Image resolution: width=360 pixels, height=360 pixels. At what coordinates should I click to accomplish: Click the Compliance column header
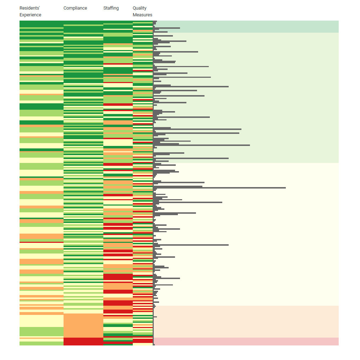75,8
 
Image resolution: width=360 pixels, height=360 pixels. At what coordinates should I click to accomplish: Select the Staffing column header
111,8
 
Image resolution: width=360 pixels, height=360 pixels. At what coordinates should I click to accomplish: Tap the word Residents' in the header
29,8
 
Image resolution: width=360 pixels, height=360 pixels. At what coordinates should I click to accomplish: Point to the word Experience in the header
30,15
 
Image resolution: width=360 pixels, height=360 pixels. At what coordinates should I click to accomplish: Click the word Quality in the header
140,8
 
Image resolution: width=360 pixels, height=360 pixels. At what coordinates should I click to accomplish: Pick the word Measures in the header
142,15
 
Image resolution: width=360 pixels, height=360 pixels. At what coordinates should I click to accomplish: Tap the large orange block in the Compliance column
83,325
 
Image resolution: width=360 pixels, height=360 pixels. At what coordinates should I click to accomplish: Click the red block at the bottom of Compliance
83,341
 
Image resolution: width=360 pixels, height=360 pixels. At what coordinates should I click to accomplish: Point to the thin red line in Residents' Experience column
41,242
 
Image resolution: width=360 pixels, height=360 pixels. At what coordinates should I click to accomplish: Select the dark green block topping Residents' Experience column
41,24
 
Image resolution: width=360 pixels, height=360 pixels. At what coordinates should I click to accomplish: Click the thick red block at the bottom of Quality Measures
142,340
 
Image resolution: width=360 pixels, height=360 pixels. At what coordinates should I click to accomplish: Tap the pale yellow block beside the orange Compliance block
41,321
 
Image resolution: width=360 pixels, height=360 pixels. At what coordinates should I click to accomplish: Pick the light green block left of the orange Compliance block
41,332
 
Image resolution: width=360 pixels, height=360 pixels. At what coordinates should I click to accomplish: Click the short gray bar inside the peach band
155,317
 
